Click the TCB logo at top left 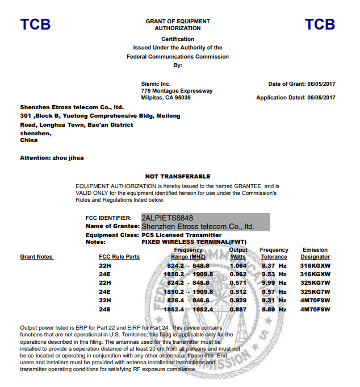[x=35, y=24]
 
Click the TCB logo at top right [x=320, y=24]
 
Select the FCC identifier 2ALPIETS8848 [x=167, y=218]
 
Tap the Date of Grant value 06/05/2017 [x=321, y=84]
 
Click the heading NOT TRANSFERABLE [x=178, y=177]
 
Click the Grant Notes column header [x=36, y=257]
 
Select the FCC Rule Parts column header [x=119, y=257]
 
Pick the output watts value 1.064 [x=238, y=265]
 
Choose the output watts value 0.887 [x=238, y=310]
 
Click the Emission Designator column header [x=315, y=253]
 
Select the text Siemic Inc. [x=156, y=84]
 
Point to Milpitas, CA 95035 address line [x=166, y=98]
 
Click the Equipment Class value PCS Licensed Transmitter [x=181, y=235]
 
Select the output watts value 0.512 [x=238, y=292]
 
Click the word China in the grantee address [x=29, y=140]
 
